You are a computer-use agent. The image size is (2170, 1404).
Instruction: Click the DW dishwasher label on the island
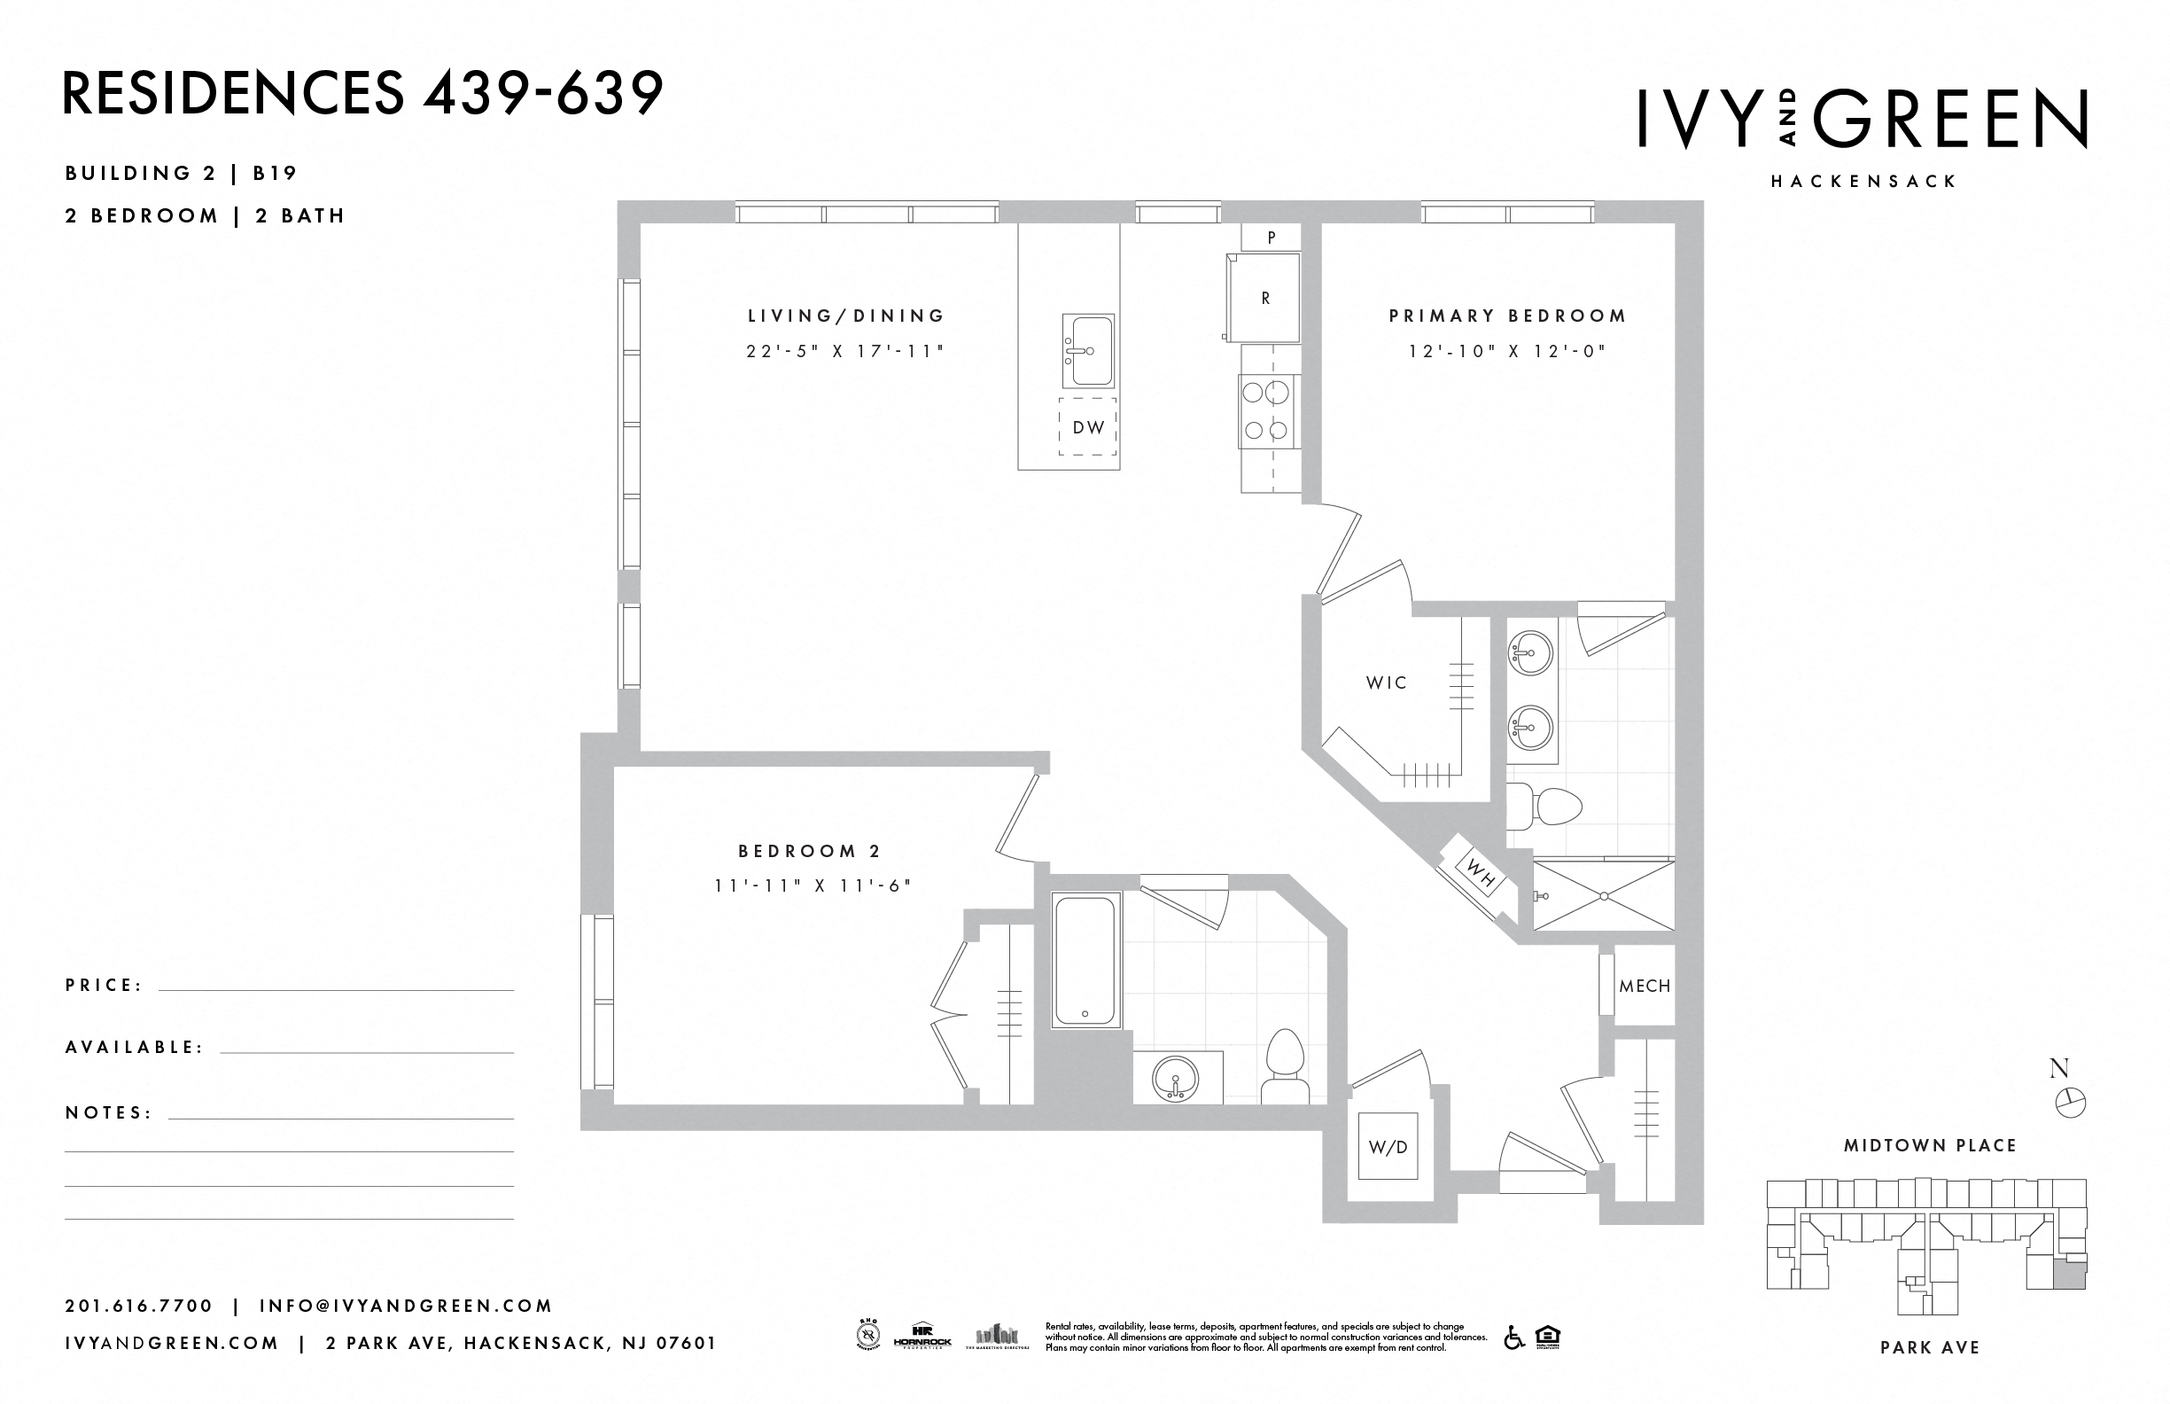click(x=1087, y=426)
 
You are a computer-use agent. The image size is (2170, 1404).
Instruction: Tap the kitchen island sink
click(x=1087, y=351)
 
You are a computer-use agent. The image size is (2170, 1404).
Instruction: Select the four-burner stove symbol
click(x=1266, y=411)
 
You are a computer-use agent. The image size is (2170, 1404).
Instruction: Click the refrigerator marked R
click(x=1264, y=297)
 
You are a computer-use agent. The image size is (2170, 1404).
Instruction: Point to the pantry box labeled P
click(x=1271, y=237)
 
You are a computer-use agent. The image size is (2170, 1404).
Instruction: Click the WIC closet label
click(x=1385, y=682)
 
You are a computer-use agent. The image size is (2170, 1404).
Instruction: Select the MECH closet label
click(x=1645, y=987)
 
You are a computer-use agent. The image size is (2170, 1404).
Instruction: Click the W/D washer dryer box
click(x=1387, y=1147)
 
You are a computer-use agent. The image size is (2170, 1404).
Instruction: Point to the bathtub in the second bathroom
click(x=1084, y=961)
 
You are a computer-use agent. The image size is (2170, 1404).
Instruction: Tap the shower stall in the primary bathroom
click(x=1603, y=895)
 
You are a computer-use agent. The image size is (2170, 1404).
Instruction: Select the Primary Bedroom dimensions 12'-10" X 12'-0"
click(x=1505, y=351)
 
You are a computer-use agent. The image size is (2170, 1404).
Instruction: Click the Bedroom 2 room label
click(x=809, y=851)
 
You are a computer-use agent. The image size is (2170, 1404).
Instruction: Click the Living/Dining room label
click(x=846, y=316)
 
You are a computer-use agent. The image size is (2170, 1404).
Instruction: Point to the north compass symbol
click(x=2071, y=1104)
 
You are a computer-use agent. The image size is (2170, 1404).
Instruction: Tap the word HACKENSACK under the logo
click(x=1863, y=182)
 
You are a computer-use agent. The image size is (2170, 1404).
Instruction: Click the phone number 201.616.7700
click(x=138, y=1306)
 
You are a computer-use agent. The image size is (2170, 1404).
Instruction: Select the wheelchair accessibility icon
click(x=1513, y=1338)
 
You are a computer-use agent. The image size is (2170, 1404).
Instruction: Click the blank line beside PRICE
click(x=336, y=989)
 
